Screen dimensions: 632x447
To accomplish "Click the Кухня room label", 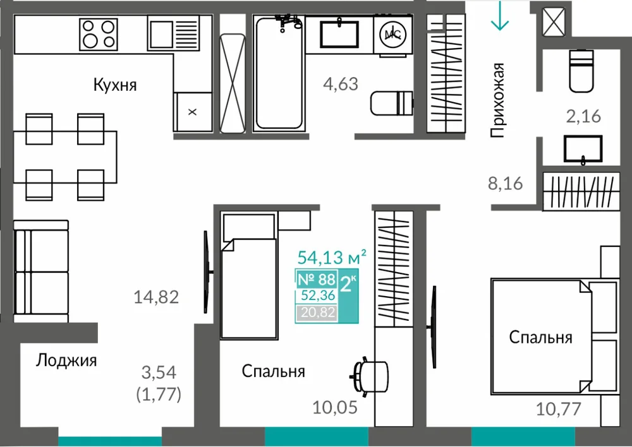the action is click(115, 85).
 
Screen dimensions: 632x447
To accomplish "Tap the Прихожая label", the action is click(497, 100).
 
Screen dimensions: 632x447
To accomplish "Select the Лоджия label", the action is click(66, 361).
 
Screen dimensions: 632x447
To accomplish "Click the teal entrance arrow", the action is click(500, 16).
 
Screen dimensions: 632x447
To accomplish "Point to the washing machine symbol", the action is click(392, 34).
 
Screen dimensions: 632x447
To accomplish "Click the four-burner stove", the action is click(99, 34).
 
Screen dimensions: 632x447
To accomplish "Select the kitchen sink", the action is click(173, 33).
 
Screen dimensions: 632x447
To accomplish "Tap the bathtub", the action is click(279, 73).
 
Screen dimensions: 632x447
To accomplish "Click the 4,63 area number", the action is click(341, 84).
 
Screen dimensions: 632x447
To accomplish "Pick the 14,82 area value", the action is click(156, 297).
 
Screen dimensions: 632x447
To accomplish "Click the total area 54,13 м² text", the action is click(332, 257).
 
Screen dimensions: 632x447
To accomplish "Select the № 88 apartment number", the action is click(317, 278).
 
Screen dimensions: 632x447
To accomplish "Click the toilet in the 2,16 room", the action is click(581, 71).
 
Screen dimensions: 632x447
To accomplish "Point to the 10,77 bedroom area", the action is click(558, 409).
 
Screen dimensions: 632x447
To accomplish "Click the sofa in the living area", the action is click(40, 271).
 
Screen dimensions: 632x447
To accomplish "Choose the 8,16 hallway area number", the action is click(506, 184).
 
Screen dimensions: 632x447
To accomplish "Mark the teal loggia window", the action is click(110, 441).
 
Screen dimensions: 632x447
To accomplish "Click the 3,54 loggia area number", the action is click(159, 372).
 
